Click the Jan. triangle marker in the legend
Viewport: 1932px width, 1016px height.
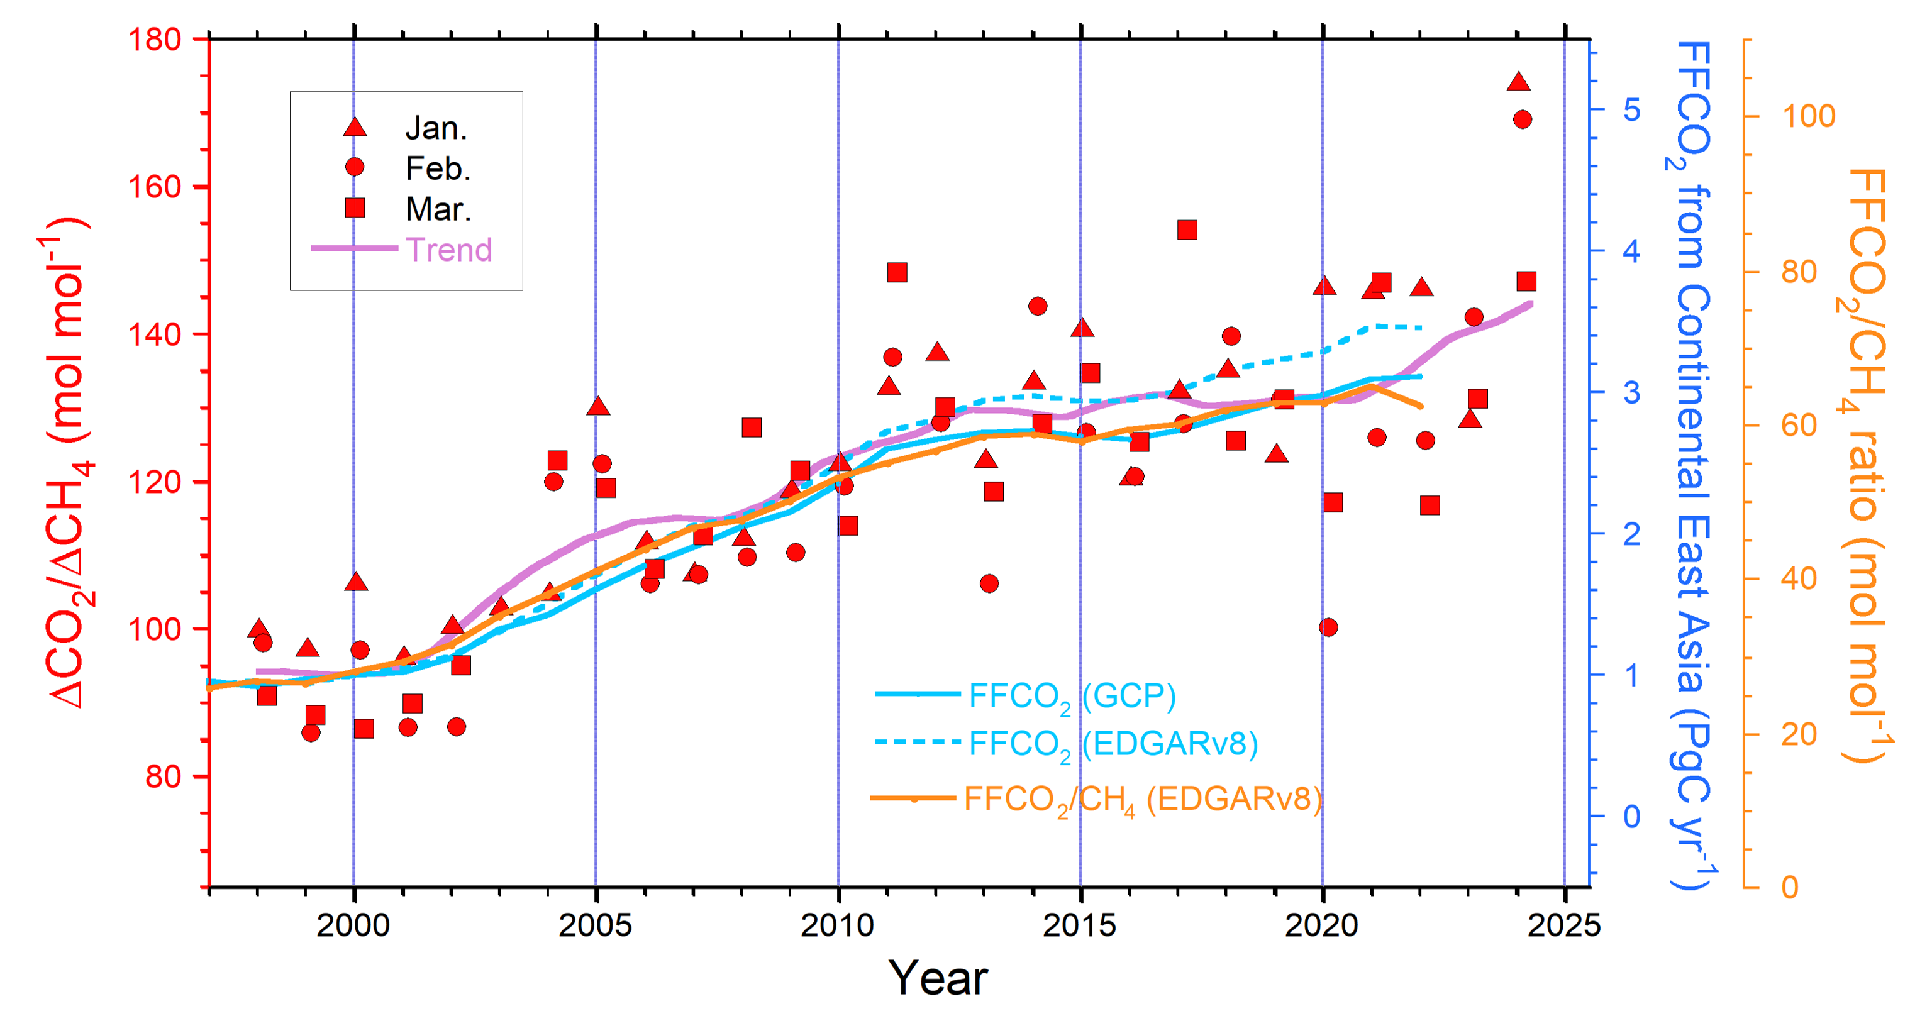point(355,128)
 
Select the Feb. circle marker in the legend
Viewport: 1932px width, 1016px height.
point(355,167)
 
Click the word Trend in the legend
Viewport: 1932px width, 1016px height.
point(448,250)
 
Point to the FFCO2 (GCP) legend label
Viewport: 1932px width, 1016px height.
point(1072,697)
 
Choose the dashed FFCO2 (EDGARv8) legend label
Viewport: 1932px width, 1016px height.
point(1113,744)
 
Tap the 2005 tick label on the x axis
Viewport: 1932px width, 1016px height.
point(596,926)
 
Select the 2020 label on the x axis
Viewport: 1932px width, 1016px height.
point(1322,926)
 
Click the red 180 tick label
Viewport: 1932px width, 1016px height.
point(155,39)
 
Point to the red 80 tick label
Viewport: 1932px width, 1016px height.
point(164,777)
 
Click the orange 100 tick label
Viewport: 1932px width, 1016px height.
point(1807,116)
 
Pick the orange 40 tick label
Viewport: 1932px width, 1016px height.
point(1799,579)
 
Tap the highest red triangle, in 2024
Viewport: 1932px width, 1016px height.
point(1519,82)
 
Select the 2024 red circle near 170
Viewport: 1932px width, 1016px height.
point(1523,119)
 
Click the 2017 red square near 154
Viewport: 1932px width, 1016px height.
point(1187,229)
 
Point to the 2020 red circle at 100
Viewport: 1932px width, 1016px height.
point(1328,627)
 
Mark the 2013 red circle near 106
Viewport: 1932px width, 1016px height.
point(989,583)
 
